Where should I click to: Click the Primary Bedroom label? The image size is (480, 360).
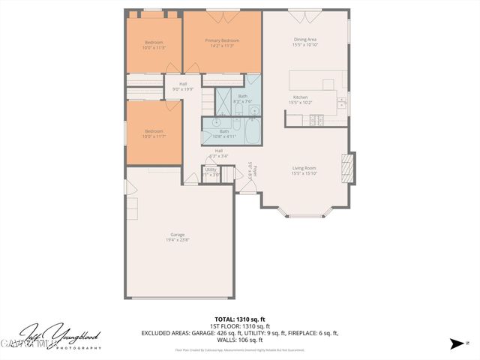pos(222,40)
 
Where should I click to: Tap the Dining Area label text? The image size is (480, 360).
pos(305,40)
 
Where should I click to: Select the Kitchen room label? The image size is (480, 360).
pos(300,97)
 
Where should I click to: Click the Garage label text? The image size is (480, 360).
pos(177,235)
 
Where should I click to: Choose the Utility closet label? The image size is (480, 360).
pos(211,169)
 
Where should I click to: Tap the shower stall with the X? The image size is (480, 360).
pos(224,99)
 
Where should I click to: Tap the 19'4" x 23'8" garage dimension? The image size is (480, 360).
pos(178,240)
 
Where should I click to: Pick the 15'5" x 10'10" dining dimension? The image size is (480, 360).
pos(305,46)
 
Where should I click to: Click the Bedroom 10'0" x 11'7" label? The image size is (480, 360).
pos(154,133)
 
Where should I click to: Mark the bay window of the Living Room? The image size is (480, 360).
pos(305,212)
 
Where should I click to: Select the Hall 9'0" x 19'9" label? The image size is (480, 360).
pos(183,86)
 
